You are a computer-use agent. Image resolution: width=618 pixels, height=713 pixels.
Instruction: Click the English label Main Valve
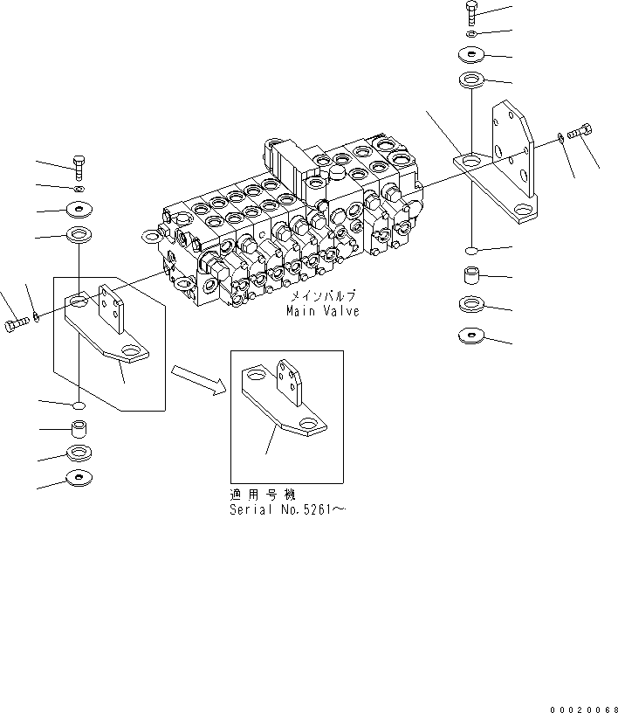tap(322, 311)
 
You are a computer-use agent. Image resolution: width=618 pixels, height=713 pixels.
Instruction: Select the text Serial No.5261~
tap(287, 509)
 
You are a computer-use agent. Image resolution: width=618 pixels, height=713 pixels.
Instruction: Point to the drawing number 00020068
tap(584, 706)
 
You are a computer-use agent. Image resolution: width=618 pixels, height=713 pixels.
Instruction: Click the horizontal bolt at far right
tap(580, 133)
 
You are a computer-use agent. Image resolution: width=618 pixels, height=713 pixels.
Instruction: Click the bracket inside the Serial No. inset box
tap(288, 402)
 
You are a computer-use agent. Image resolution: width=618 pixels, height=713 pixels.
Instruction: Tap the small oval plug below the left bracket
tap(79, 406)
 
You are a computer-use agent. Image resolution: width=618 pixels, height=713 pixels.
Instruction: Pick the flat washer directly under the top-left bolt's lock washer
tap(79, 210)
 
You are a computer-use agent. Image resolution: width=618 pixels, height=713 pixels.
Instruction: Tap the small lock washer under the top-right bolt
tap(471, 34)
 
